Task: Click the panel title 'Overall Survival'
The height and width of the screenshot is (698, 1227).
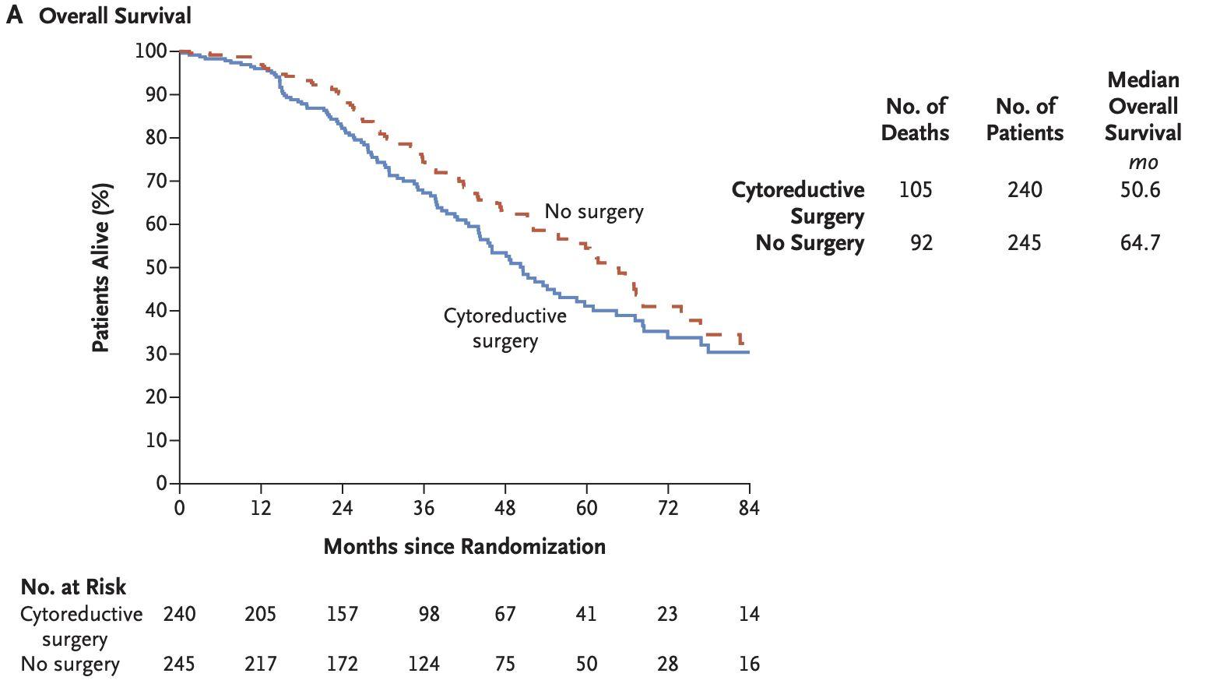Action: coord(114,16)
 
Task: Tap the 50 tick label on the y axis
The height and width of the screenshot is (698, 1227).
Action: coord(156,267)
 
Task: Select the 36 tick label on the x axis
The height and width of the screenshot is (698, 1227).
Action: coord(424,508)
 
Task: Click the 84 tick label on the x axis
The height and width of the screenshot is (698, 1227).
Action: coord(749,508)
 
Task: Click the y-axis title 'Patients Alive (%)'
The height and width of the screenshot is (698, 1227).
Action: coord(101,267)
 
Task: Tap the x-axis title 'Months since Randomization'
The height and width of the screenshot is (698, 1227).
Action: coord(464,546)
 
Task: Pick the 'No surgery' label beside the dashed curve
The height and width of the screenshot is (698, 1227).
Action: coord(593,211)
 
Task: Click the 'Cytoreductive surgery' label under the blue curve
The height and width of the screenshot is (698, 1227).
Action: coord(505,328)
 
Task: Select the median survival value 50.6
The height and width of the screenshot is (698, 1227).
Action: coord(1140,190)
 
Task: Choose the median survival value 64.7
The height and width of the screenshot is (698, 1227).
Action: coord(1140,243)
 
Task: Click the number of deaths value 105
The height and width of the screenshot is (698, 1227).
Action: coord(915,190)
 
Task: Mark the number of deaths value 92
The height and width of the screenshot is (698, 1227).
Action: coord(921,243)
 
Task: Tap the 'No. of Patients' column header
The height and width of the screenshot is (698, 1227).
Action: coord(1025,119)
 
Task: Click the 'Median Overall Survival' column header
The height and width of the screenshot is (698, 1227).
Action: coord(1142,106)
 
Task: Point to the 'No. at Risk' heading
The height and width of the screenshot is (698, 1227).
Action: coord(73,587)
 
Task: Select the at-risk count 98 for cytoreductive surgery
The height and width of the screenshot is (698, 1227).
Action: coord(429,614)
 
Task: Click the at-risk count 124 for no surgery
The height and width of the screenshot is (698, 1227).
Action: coord(424,664)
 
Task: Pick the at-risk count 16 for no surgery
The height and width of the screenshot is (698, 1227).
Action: coord(749,664)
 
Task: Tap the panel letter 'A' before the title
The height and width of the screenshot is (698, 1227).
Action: coord(14,16)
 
